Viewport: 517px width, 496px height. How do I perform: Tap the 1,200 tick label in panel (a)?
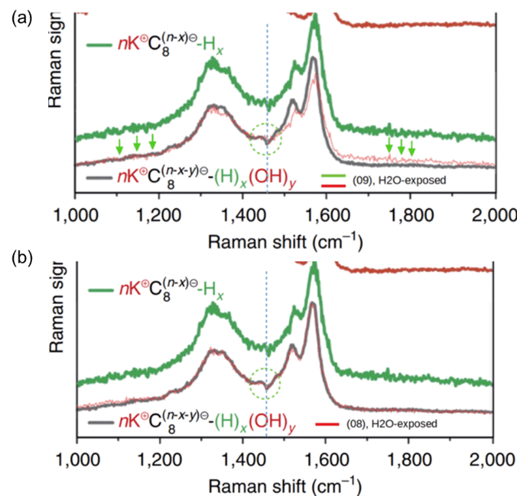[159, 216]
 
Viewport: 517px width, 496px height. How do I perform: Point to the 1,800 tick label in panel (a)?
[410, 216]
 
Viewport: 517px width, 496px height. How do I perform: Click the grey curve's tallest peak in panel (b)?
[311, 304]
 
